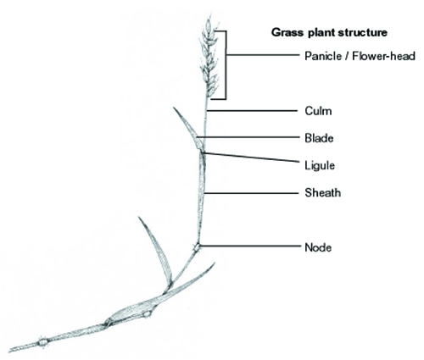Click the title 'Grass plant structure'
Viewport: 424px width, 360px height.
pos(329,33)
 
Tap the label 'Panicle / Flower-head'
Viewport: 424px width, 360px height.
pos(360,56)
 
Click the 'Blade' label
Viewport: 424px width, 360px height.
pos(319,138)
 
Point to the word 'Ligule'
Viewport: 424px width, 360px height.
pos(320,165)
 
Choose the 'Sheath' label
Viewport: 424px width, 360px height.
pos(323,192)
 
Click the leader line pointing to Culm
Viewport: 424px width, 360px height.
pos(253,111)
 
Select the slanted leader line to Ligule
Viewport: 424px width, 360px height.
pos(250,158)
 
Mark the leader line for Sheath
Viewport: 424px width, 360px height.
pos(251,193)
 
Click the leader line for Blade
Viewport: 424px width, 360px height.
pos(248,137)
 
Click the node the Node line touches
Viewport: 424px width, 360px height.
pos(196,247)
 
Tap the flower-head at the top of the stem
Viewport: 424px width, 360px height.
pos(209,57)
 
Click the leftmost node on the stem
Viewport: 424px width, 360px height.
pos(43,342)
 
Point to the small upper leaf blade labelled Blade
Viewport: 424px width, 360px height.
pos(190,129)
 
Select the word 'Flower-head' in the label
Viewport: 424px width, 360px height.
pos(384,56)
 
